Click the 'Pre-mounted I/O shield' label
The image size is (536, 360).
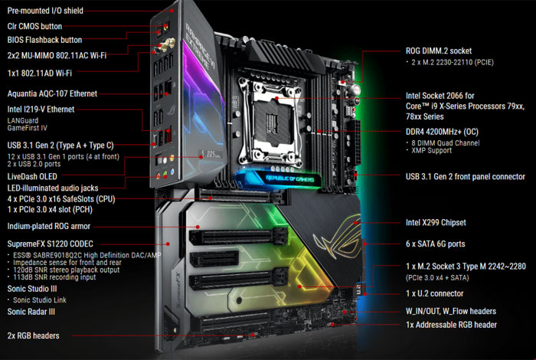tap(45, 11)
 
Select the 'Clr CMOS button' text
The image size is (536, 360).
tap(34, 26)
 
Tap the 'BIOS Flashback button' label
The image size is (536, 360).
tap(44, 40)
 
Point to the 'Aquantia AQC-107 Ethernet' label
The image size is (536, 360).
tap(52, 93)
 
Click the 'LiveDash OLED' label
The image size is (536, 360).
tap(32, 176)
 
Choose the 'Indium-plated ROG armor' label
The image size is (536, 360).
tap(48, 226)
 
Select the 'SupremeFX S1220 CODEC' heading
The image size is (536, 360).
tap(50, 244)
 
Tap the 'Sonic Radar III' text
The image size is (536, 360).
tap(31, 312)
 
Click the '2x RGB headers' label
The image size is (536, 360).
tap(33, 335)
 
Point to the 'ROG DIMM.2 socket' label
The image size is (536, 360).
tap(439, 51)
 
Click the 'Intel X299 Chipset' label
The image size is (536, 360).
tap(436, 223)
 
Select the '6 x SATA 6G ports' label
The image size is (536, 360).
tap(435, 244)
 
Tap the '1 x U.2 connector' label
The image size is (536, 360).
tap(434, 293)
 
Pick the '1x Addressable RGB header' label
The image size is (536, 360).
tap(451, 325)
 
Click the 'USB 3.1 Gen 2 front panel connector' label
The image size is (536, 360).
tap(466, 176)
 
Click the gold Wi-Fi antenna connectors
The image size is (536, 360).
tap(167, 44)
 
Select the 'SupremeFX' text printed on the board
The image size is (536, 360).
tap(179, 289)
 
